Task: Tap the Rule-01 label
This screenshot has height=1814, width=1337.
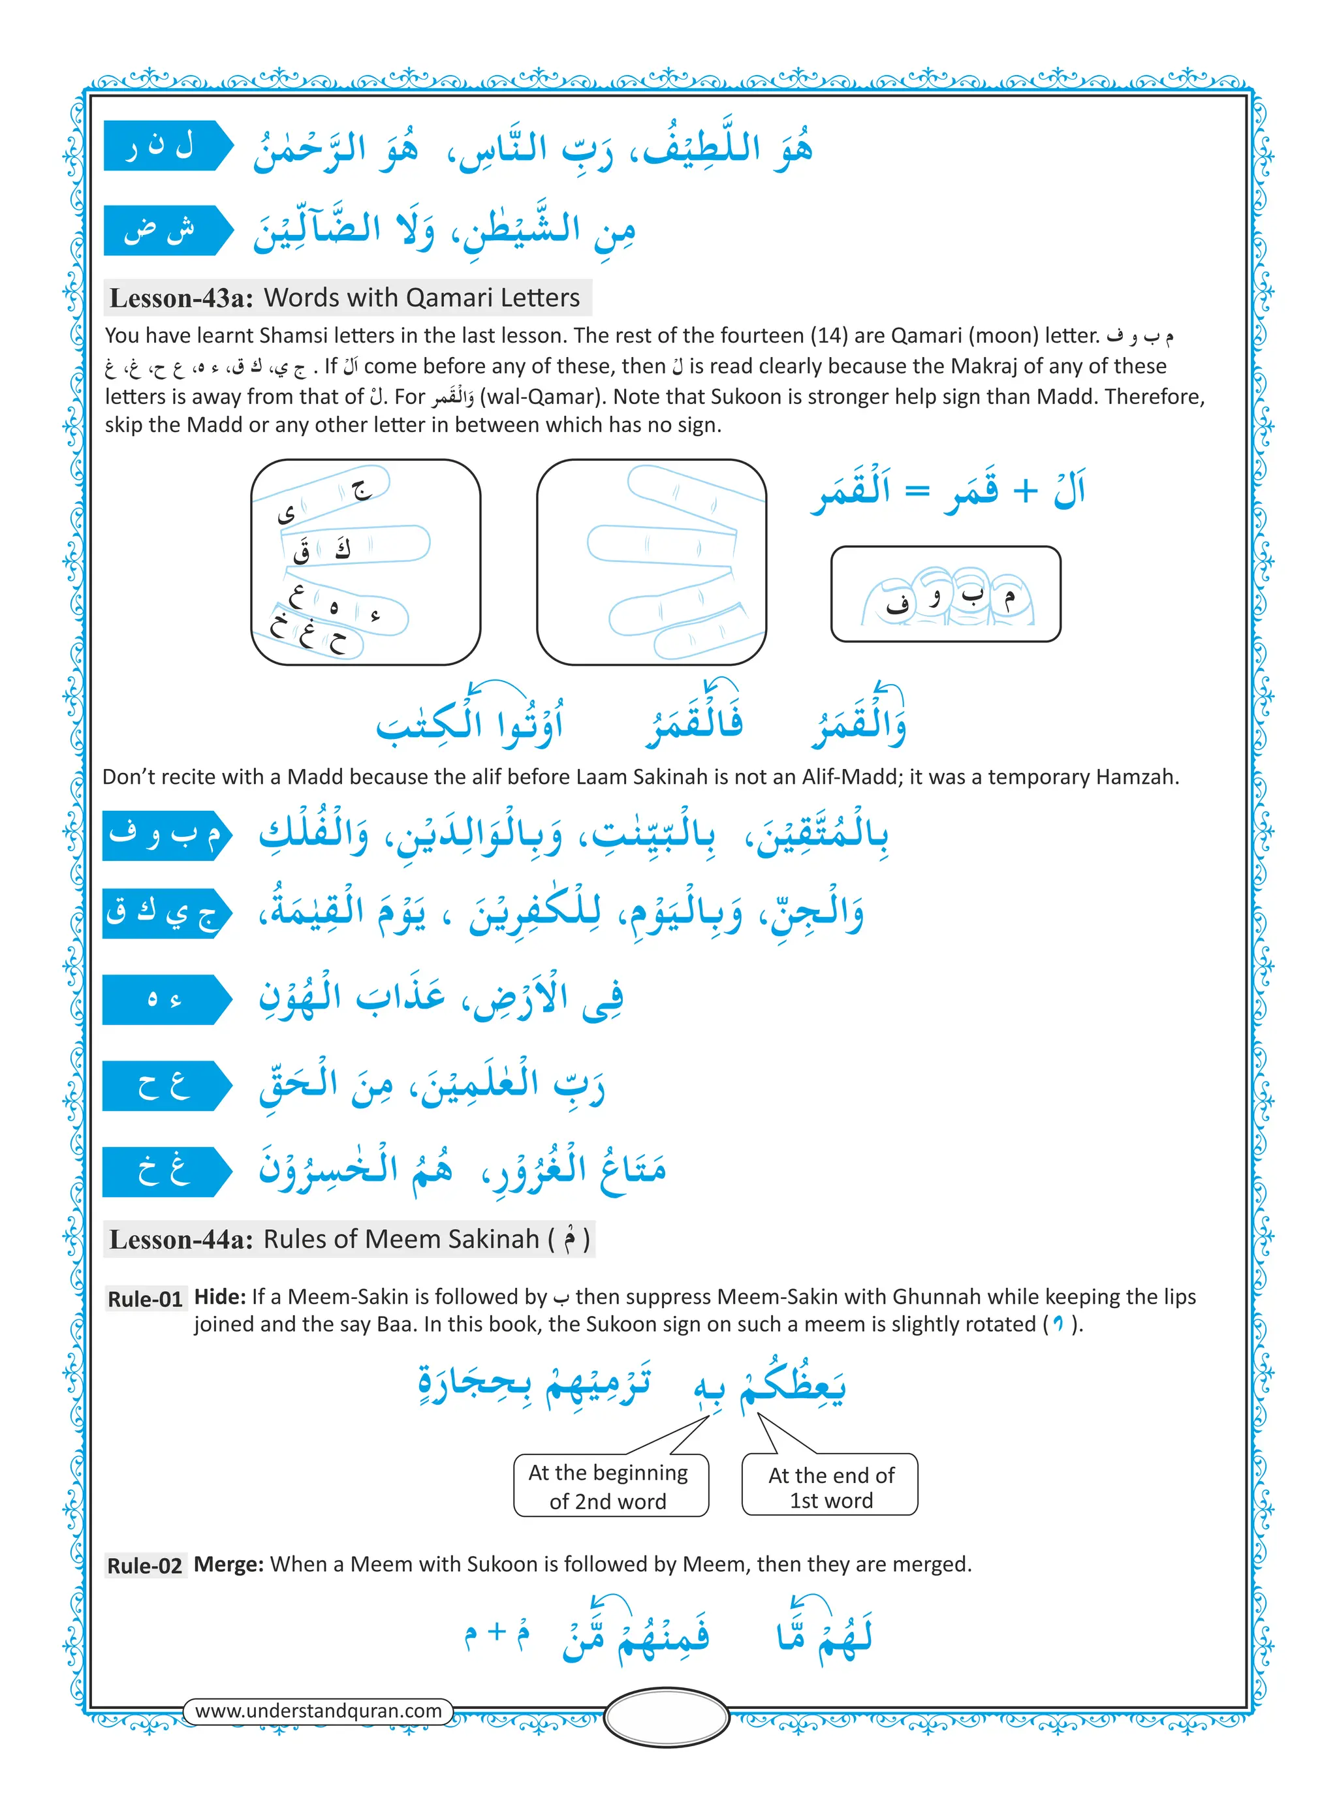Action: tap(145, 1298)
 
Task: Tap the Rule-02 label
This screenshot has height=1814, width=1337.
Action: tap(145, 1565)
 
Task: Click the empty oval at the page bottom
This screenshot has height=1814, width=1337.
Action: tap(667, 1717)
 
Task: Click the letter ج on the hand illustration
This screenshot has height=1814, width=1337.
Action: tap(359, 489)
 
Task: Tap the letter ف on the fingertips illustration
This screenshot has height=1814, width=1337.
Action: tap(897, 604)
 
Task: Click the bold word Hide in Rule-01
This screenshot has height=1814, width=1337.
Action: tap(219, 1297)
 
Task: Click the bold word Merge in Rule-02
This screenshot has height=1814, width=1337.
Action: tap(228, 1564)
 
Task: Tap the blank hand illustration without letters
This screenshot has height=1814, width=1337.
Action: tap(652, 561)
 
